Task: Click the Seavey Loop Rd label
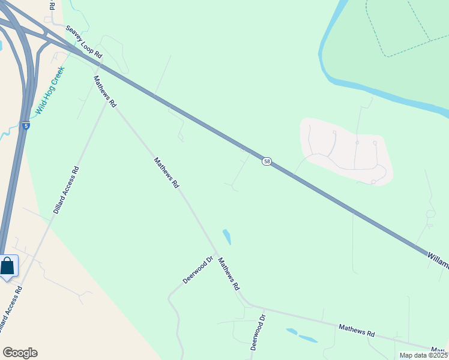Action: pos(84,41)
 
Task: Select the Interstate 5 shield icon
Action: pos(26,126)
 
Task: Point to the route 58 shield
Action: pos(267,161)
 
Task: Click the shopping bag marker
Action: pos(8,266)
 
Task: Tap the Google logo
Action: pos(20,353)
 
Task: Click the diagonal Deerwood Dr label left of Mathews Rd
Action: pos(198,271)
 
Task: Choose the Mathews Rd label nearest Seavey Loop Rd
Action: pos(104,91)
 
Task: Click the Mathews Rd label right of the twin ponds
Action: pos(357,330)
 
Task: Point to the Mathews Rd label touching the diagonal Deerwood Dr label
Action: pos(229,274)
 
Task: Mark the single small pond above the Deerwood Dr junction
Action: pos(226,237)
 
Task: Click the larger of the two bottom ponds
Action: pos(308,339)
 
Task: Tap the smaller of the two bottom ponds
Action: pos(292,331)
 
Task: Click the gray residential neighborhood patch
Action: pos(346,151)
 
